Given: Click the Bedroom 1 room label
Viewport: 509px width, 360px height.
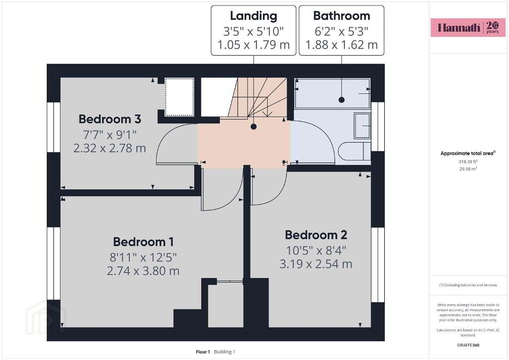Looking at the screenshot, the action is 143,242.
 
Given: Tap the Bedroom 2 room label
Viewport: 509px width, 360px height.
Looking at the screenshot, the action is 316,235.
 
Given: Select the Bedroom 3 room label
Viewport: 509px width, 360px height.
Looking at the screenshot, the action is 110,119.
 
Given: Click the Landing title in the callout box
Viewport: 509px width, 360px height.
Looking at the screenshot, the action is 254,16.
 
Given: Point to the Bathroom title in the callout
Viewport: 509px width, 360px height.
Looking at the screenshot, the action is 341,15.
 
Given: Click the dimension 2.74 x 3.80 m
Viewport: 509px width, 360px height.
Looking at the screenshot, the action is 143,270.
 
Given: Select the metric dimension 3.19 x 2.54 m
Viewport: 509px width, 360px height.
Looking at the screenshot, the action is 316,264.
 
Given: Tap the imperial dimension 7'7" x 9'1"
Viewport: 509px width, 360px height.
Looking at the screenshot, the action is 110,134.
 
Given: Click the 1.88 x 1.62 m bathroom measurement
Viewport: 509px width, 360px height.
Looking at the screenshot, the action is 341,45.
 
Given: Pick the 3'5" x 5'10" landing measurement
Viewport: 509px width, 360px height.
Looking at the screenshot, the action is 254,31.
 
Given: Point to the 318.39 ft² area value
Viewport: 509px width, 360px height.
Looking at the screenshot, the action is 468,161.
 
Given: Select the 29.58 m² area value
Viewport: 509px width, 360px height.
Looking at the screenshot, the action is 468,169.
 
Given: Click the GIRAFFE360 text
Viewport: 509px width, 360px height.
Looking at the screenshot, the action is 468,345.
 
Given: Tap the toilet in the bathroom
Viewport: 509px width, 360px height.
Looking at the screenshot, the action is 354,152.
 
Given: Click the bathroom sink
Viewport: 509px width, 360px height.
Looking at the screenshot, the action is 362,126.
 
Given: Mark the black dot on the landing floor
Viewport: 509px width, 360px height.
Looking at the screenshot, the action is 254,127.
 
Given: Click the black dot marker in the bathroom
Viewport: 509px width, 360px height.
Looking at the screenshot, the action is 341,100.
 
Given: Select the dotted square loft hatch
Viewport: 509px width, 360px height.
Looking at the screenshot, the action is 179,97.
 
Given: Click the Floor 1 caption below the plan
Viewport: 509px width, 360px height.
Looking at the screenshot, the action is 203,352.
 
